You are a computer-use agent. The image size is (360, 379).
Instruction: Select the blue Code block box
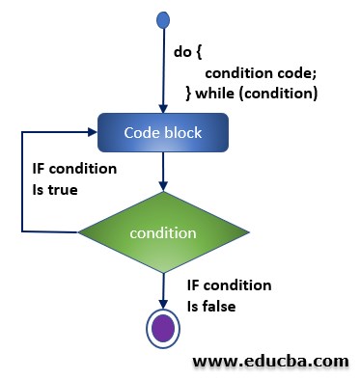tap(163, 133)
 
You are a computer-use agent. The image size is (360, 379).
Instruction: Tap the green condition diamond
tap(163, 231)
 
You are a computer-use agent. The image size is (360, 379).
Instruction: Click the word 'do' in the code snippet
tap(181, 52)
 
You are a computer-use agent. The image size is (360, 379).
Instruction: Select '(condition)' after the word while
tap(283, 93)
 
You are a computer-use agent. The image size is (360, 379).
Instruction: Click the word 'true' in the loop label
tap(55, 190)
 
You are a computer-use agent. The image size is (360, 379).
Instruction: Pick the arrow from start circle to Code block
tap(163, 68)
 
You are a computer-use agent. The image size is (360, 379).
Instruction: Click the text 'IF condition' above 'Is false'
tap(229, 285)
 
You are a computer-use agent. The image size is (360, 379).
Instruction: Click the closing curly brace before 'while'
tap(190, 93)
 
